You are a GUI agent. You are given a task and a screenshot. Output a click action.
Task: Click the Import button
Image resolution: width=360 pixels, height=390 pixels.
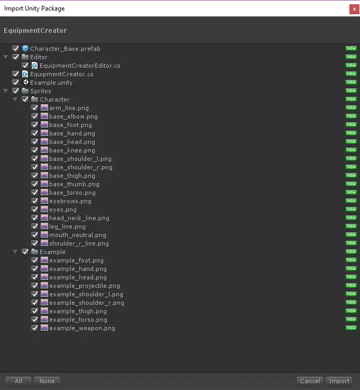[x=339, y=381]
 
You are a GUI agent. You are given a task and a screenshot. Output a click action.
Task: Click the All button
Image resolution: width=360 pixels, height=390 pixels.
[x=19, y=381]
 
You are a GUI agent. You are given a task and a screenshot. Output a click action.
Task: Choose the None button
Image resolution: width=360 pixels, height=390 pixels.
[x=47, y=381]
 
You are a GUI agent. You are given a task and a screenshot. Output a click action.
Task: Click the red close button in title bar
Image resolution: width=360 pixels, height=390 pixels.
[x=353, y=9]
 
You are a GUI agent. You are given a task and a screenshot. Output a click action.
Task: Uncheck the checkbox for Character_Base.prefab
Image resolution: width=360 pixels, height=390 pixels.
[x=16, y=49]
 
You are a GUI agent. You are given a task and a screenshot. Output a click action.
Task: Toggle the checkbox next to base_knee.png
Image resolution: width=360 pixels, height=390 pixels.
[x=35, y=150]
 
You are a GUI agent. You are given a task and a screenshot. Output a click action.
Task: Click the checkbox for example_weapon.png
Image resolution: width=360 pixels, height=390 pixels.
[x=35, y=328]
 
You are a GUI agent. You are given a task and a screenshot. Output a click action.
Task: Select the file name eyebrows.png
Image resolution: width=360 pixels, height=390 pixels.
[x=70, y=201]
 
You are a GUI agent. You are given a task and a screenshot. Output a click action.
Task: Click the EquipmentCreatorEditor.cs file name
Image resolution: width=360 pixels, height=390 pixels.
[x=80, y=66]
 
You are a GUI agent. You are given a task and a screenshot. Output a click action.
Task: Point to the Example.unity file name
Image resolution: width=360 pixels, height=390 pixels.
[x=51, y=83]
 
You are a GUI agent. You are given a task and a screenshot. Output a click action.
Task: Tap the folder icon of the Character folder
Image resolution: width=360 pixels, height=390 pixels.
[x=35, y=99]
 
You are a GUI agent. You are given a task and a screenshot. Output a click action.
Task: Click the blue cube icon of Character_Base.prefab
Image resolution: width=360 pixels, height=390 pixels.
[x=25, y=49]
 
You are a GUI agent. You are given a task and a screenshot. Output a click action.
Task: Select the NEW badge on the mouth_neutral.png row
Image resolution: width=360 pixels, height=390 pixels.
[x=351, y=235]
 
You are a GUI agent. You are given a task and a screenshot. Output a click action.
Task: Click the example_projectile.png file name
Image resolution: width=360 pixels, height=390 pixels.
[x=85, y=286]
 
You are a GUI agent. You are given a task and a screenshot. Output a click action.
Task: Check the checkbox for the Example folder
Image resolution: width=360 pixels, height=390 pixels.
[x=25, y=252]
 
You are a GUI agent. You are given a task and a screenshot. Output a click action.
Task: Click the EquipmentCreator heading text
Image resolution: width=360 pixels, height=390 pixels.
[x=35, y=31]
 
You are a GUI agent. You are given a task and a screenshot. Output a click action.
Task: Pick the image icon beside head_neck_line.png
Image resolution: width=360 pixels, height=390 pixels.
[x=44, y=218]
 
